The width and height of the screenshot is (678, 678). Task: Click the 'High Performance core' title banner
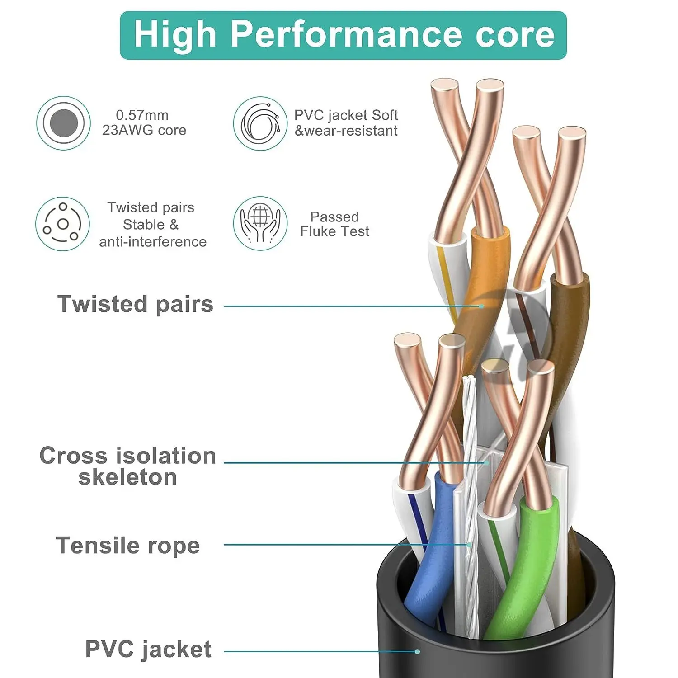(343, 35)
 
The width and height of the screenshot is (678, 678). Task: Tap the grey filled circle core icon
(63, 123)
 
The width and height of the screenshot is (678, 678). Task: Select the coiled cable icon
(260, 123)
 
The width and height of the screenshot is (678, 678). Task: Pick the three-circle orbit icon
(62, 224)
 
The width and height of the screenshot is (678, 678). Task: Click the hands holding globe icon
(260, 223)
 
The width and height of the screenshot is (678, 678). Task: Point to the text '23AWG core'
(144, 130)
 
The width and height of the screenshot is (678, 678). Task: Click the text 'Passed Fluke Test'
(334, 224)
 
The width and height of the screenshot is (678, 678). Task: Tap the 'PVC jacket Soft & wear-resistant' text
(346, 123)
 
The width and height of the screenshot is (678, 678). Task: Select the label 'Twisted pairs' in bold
(135, 304)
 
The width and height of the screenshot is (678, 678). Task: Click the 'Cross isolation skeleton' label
(127, 466)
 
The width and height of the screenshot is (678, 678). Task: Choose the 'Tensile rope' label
(127, 546)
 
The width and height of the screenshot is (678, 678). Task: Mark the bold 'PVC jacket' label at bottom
(148, 650)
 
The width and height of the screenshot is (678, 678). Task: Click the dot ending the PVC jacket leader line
(417, 651)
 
